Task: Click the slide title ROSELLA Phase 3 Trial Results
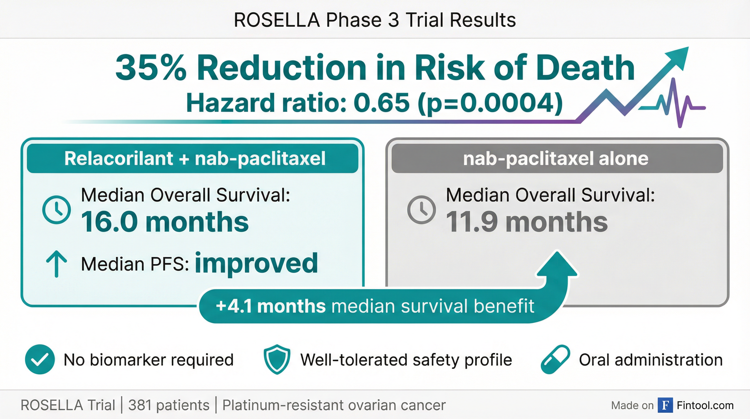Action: click(375, 20)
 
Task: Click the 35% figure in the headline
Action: click(151, 68)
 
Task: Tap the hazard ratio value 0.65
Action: click(382, 103)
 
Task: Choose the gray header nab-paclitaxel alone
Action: click(556, 158)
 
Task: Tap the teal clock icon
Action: click(56, 209)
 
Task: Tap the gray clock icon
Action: click(421, 209)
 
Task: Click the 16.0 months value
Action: click(165, 222)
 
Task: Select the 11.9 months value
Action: click(527, 222)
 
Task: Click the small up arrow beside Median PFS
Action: click(56, 264)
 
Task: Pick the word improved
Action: click(256, 264)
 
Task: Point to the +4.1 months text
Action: click(271, 306)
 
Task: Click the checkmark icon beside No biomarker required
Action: click(40, 360)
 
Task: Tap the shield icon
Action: click(277, 360)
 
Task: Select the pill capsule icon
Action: click(555, 360)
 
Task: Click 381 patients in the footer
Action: click(169, 405)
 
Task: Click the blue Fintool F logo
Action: click(665, 405)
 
